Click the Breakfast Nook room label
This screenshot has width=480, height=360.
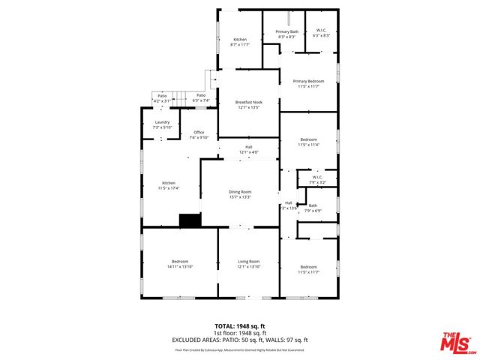click(x=247, y=102)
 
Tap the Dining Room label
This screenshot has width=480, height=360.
click(x=240, y=192)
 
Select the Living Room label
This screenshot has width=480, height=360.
click(x=247, y=261)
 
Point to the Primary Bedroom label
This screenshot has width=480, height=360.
click(x=308, y=81)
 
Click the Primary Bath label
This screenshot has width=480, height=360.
click(x=287, y=31)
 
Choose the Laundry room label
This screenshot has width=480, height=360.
click(x=162, y=122)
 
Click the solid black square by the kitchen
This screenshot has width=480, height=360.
click(x=190, y=220)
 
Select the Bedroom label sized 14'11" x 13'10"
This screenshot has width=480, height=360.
click(x=179, y=261)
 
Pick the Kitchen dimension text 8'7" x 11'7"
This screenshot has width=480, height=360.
click(x=240, y=45)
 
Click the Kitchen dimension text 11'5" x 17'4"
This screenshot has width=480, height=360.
click(x=169, y=188)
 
